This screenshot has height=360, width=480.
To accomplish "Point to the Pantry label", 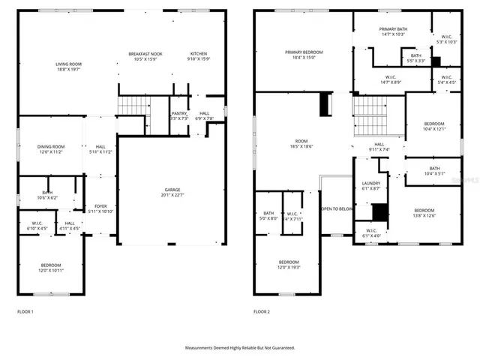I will pyautogui.click(x=178, y=115).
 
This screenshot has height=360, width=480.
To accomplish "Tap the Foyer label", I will pyautogui.click(x=100, y=208).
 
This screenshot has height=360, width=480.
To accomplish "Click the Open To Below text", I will pyautogui.click(x=337, y=209).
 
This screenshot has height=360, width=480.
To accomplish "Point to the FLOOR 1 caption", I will pyautogui.click(x=25, y=311).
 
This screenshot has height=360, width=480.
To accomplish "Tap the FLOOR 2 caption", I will pyautogui.click(x=261, y=311).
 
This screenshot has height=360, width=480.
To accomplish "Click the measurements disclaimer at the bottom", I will pyautogui.click(x=240, y=348).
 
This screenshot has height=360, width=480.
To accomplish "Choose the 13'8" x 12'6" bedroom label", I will pyautogui.click(x=424, y=213).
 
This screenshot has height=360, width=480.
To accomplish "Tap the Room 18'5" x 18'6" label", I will pyautogui.click(x=301, y=143).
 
